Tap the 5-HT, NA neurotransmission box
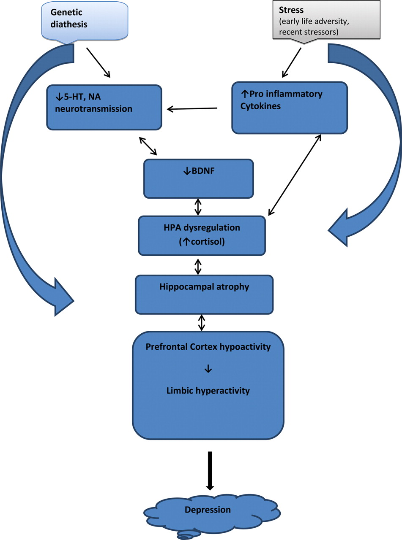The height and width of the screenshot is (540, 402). pos(104,107)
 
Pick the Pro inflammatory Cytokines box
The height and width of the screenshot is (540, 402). pos(290,108)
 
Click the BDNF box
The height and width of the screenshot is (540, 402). pos(198,178)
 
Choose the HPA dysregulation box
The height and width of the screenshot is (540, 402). pos(202,235)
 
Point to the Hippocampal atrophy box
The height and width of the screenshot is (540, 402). pos(204,294)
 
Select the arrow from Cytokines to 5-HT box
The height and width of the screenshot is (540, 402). pos(192,109)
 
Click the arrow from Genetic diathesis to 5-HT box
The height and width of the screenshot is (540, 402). pos(98,62)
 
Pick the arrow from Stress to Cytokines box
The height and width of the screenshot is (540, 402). pos(292,62)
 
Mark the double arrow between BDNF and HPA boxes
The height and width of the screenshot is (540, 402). pos(198,207)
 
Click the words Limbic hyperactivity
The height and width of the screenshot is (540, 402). pos(208,391)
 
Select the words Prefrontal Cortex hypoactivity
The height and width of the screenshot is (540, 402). pos(208,347)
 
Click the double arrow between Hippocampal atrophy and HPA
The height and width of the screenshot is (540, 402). pos(198,266)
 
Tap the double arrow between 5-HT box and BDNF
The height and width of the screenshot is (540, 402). pos(148,146)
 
